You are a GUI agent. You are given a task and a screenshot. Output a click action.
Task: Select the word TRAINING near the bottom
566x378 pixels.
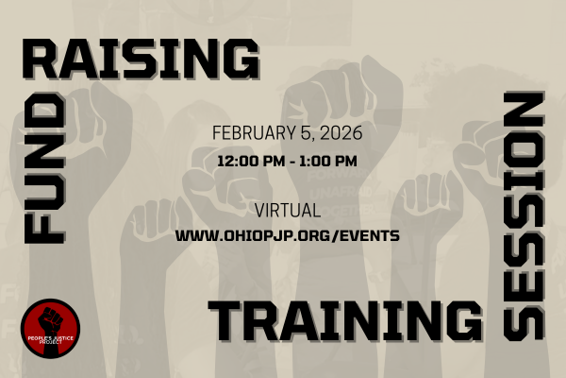340,321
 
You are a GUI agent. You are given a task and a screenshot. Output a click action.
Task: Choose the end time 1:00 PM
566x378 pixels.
330,161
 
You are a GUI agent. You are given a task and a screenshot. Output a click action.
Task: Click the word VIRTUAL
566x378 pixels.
288,210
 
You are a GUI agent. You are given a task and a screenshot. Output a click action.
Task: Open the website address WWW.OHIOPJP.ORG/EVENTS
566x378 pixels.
288,233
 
